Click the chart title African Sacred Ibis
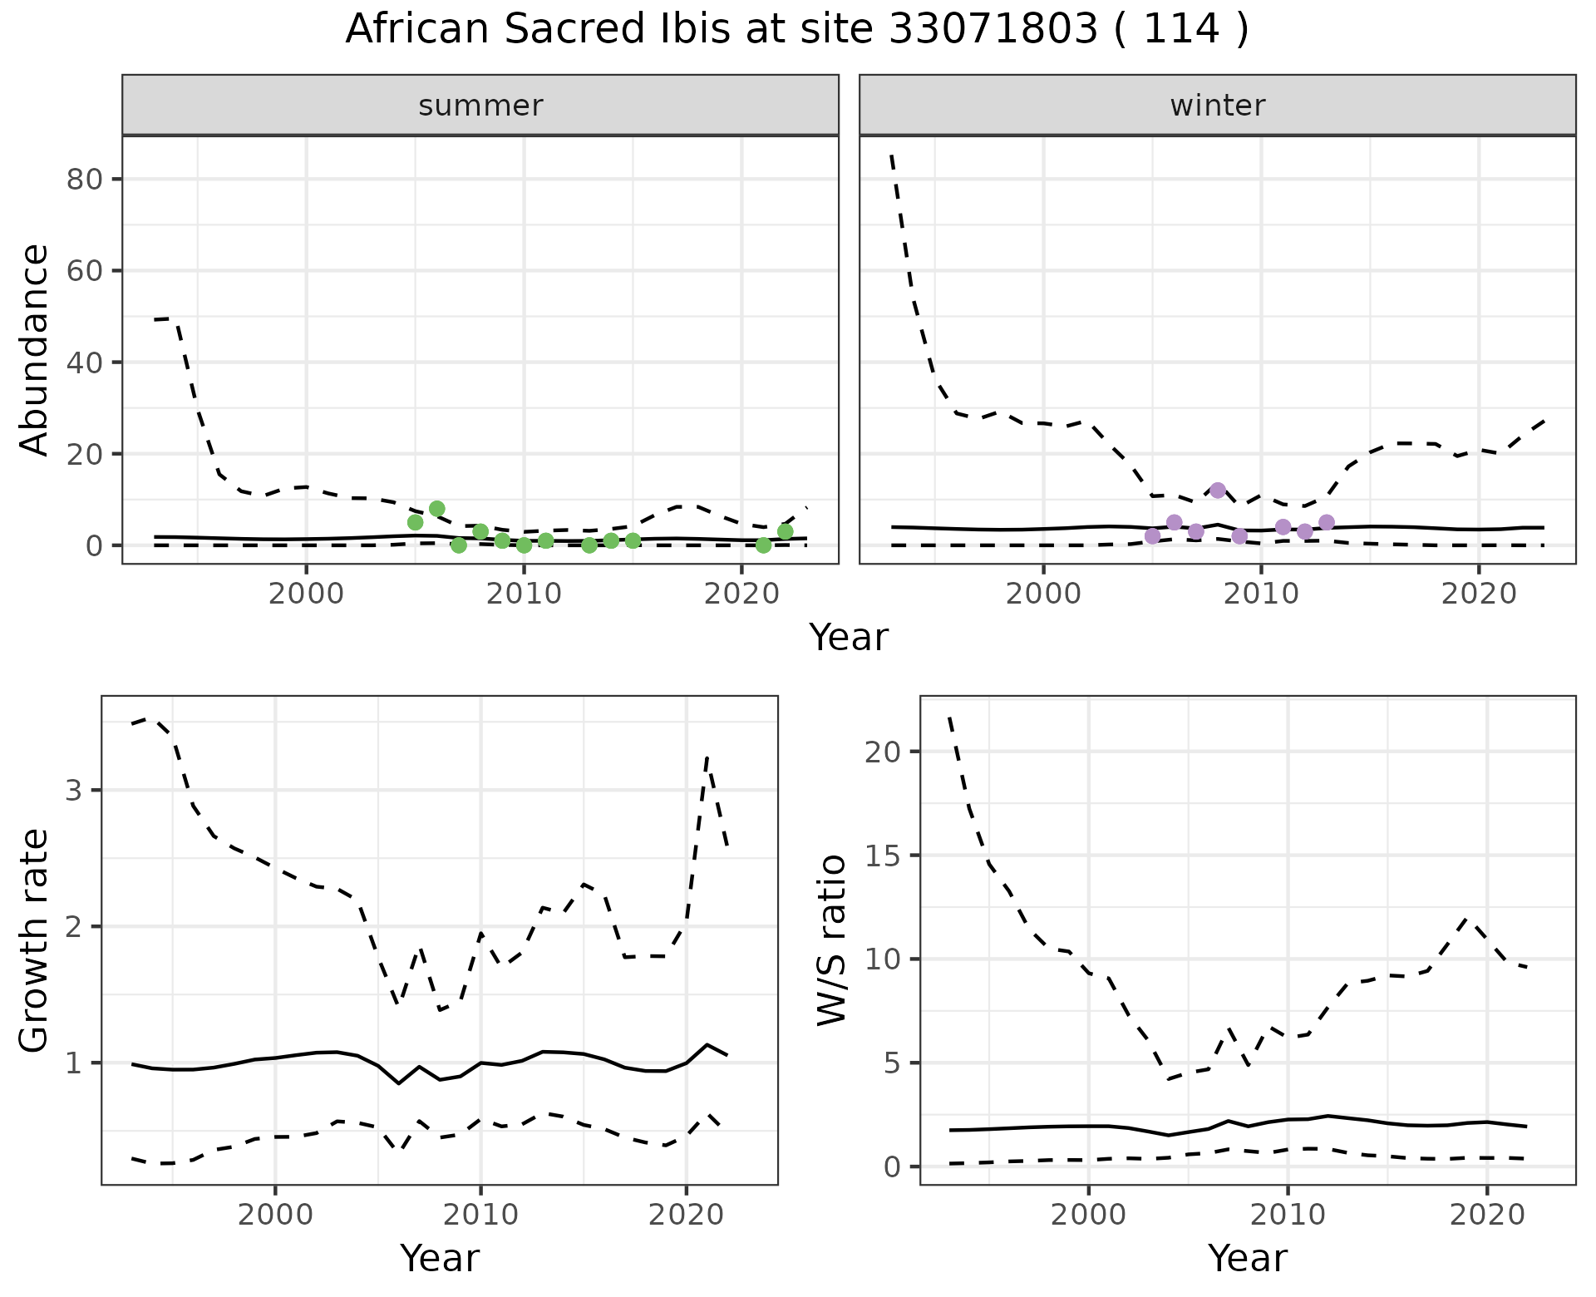pos(796,30)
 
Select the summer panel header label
pos(480,106)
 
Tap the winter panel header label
pos(1217,106)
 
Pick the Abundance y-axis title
pos(35,349)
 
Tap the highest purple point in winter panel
pos(1218,491)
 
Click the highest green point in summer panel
pos(437,509)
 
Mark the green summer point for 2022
pos(785,531)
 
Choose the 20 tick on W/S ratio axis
pos(884,752)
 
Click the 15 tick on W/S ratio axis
pos(884,856)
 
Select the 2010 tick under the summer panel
pos(524,594)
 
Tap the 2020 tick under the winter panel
pos(1479,594)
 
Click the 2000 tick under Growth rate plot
pos(275,1215)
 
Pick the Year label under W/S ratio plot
pos(1247,1258)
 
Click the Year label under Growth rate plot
pos(439,1258)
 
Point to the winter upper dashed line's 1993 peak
pos(892,155)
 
